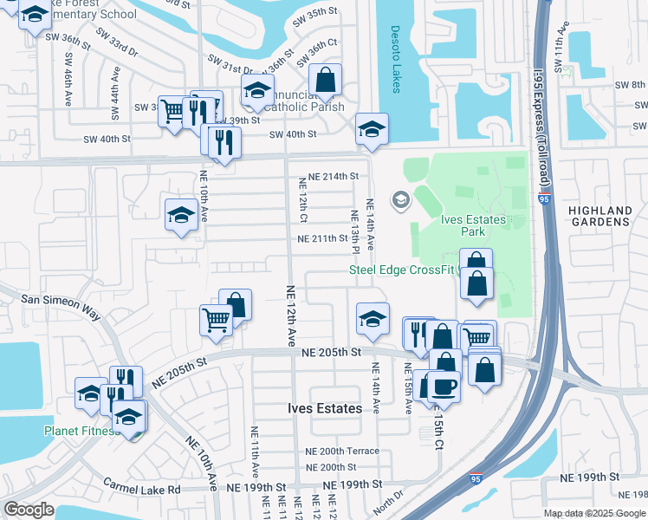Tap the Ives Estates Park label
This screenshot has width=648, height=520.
pos(473,225)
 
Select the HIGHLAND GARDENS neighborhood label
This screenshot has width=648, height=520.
pos(600,216)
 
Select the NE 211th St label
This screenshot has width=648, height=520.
pos(323,238)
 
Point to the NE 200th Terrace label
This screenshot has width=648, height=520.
pos(342,452)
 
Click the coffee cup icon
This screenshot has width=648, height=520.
pos(444,386)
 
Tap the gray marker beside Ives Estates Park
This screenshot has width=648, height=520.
pos(400,201)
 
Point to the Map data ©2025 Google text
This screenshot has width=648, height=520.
pos(594,513)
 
